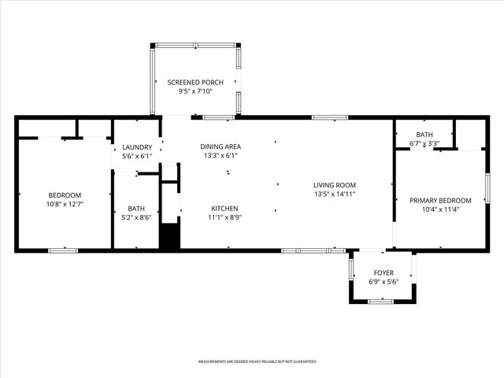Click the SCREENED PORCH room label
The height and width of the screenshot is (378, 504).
[195, 83]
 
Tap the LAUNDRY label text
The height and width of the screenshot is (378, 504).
[136, 147]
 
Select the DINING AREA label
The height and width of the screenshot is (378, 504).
[220, 146]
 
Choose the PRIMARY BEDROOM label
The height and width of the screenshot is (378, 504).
[440, 201]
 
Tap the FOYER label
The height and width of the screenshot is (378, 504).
[384, 272]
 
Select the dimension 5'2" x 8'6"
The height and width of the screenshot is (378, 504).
[136, 218]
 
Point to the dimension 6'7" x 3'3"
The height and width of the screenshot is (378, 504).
[424, 144]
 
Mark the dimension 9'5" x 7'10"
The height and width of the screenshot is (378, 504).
[195, 92]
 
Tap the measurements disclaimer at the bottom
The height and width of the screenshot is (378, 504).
[257, 361]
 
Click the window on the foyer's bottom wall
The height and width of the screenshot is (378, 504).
[381, 302]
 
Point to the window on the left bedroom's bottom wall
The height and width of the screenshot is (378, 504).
[63, 250]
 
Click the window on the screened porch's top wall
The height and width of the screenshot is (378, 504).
[195, 45]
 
